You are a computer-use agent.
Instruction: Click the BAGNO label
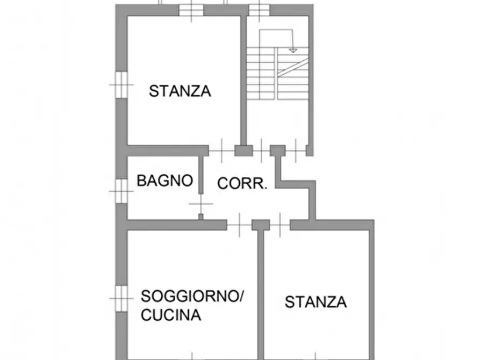[x=164, y=181]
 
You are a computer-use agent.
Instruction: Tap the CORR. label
[x=242, y=183]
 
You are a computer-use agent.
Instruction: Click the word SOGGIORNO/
[x=192, y=296]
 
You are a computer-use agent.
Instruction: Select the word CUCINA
[x=171, y=315]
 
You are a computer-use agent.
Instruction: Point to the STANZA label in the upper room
[x=180, y=91]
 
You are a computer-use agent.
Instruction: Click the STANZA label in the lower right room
[x=316, y=302]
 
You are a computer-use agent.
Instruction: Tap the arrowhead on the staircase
[x=293, y=50]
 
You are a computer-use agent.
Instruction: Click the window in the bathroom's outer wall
[x=121, y=191]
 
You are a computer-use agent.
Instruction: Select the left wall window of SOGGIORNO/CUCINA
[x=121, y=298]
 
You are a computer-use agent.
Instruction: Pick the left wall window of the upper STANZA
[x=121, y=84]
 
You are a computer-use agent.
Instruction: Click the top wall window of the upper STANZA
[x=191, y=10]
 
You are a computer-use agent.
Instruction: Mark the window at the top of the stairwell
[x=259, y=10]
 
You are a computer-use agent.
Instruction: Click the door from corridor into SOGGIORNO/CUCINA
[x=239, y=225]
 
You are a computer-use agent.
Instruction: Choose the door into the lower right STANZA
[x=280, y=225]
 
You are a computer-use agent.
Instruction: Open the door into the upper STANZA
[x=221, y=150]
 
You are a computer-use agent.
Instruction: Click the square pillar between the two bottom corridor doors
[x=261, y=225]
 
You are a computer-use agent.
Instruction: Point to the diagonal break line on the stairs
[x=293, y=67]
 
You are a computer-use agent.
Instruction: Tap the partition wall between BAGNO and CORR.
[x=201, y=175]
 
